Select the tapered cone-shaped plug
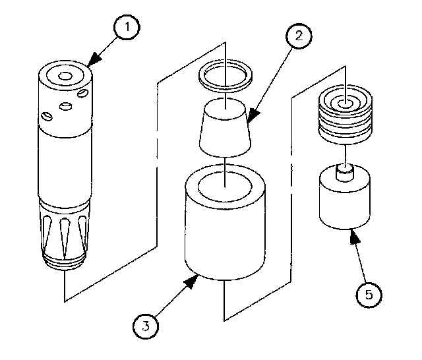click(x=224, y=129)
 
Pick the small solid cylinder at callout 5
click(x=344, y=201)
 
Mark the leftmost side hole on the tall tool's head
click(x=47, y=117)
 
